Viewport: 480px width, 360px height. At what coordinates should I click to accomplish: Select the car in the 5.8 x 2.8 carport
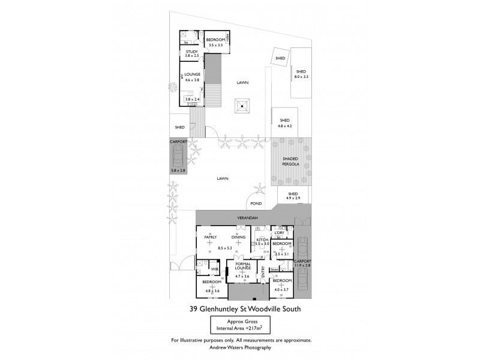coord(178,159)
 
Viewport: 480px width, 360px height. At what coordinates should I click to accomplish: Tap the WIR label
coord(214,269)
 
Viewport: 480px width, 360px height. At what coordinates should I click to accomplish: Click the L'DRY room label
coord(278,233)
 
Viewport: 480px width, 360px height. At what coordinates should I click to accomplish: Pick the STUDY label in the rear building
coord(191,52)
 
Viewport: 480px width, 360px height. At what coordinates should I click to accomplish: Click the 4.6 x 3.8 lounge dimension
coord(192,80)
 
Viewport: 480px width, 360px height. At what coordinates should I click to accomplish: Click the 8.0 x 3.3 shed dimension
coord(301,77)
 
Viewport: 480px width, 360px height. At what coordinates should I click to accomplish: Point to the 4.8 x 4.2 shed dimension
coord(284,126)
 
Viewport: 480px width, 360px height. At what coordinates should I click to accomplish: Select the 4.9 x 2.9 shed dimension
coord(292,197)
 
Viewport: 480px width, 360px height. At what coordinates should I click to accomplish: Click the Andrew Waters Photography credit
coord(241,348)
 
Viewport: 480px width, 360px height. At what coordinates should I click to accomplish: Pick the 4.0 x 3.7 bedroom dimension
coord(281,290)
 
